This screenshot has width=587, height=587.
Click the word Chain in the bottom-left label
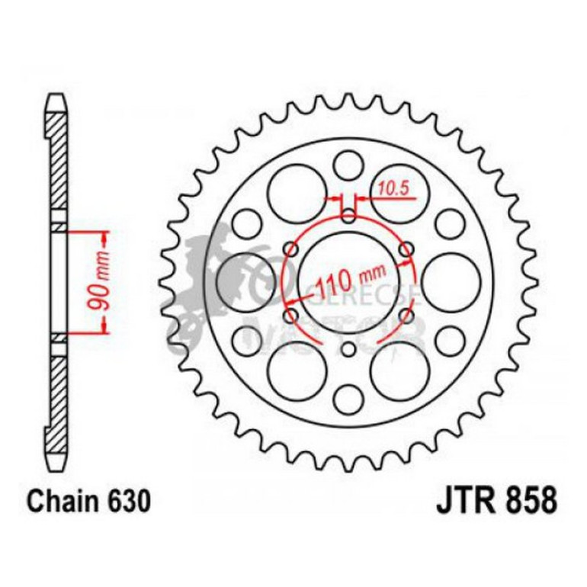click(x=60, y=502)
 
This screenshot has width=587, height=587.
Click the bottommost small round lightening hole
click(x=348, y=397)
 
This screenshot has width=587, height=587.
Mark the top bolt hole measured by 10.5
click(x=348, y=216)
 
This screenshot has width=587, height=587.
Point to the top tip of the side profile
click(x=58, y=98)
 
